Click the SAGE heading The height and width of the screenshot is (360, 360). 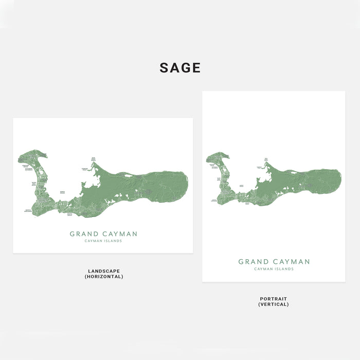(180, 68)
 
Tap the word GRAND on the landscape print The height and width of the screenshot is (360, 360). (84, 234)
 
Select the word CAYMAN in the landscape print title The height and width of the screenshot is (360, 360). (120, 234)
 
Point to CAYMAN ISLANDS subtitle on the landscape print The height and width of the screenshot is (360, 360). (103, 241)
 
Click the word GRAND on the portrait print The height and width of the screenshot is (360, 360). (254, 262)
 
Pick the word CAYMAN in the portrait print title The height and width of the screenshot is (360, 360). (292, 262)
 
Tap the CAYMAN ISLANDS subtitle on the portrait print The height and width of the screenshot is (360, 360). (274, 269)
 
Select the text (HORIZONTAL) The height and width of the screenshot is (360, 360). (104, 277)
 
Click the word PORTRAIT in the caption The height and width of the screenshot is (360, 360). (274, 299)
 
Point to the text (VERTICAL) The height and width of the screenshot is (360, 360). (274, 304)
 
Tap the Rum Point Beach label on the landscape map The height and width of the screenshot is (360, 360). (94, 159)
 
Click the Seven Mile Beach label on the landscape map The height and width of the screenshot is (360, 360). (33, 184)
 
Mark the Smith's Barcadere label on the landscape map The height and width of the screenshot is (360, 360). (28, 210)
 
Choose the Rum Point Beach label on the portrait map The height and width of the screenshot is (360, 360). (266, 160)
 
